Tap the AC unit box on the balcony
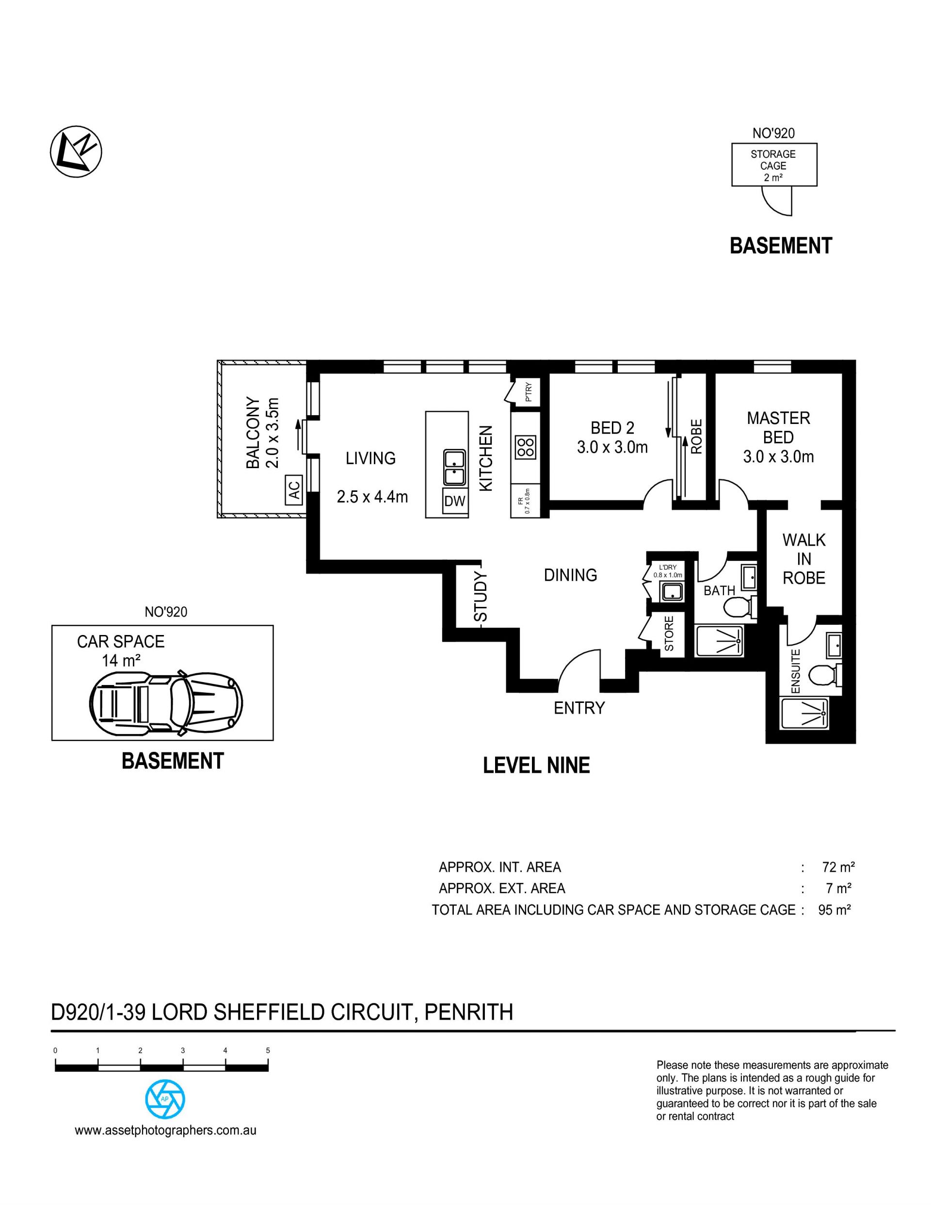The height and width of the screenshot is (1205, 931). (x=294, y=490)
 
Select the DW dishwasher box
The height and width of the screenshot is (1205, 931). (x=455, y=501)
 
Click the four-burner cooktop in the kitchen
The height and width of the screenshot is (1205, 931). (x=525, y=447)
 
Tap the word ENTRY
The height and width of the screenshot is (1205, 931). (x=579, y=708)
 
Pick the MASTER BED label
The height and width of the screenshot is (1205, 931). (x=778, y=427)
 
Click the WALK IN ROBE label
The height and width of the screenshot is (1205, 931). (x=803, y=559)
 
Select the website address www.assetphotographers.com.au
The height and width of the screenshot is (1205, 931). (x=165, y=1130)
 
